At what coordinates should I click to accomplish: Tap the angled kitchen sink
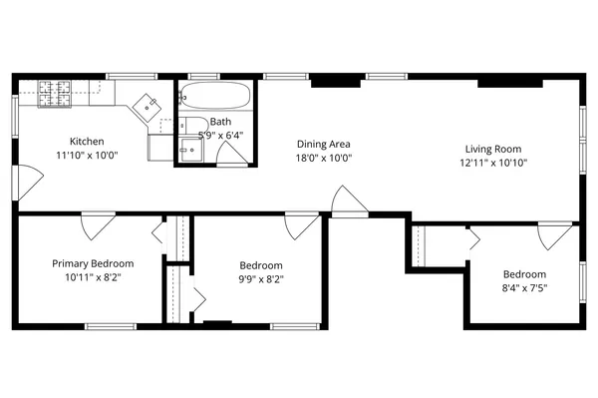[x=149, y=103]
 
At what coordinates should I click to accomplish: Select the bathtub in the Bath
[x=215, y=98]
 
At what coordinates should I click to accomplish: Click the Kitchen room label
[x=86, y=142]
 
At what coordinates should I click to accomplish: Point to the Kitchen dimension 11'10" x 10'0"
[x=86, y=156]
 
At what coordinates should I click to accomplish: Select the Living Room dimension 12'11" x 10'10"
[x=493, y=163]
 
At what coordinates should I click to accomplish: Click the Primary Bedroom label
[x=93, y=263]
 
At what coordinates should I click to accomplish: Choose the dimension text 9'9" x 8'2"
[x=261, y=279]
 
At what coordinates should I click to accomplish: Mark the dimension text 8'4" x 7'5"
[x=524, y=289]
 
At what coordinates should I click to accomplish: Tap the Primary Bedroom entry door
[x=98, y=225]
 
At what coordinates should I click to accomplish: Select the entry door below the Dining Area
[x=349, y=200]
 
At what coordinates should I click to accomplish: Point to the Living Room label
[x=493, y=149]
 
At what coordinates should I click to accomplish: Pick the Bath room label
[x=219, y=121]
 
